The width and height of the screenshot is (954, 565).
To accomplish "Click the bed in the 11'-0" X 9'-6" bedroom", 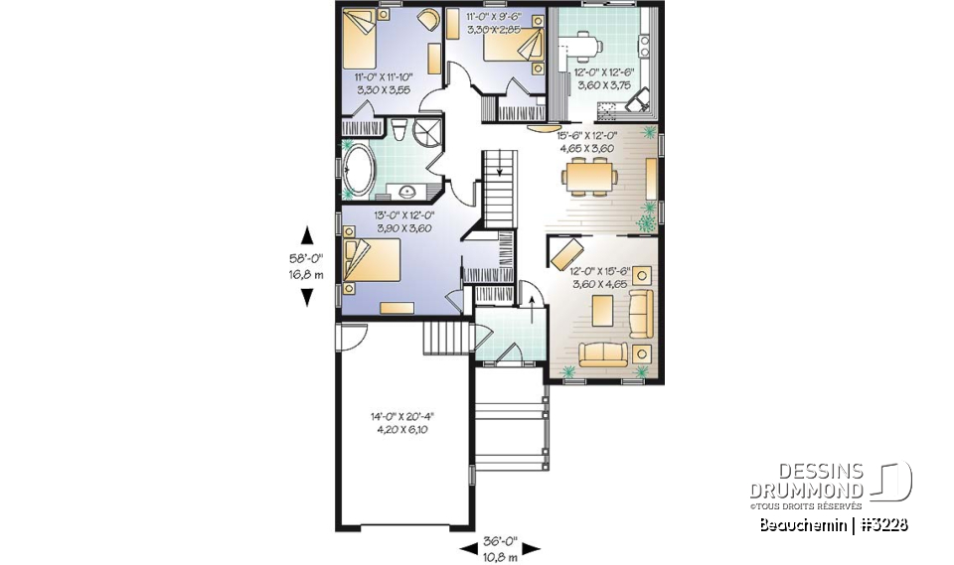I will (518, 45).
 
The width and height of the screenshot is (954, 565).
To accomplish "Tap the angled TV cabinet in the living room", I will (565, 248).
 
